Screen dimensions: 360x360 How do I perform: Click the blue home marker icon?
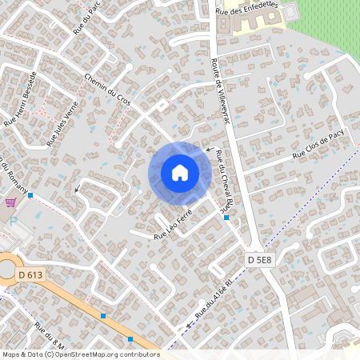point(179,172)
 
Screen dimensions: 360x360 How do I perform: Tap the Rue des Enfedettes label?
point(250,9)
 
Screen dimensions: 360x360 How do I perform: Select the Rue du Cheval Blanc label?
point(216,184)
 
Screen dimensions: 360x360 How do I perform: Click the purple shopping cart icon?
point(10,202)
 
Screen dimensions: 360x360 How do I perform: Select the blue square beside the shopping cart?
point(30,195)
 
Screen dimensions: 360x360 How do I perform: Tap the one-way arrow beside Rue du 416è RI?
point(190,325)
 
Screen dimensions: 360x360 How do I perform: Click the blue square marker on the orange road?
point(103,316)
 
